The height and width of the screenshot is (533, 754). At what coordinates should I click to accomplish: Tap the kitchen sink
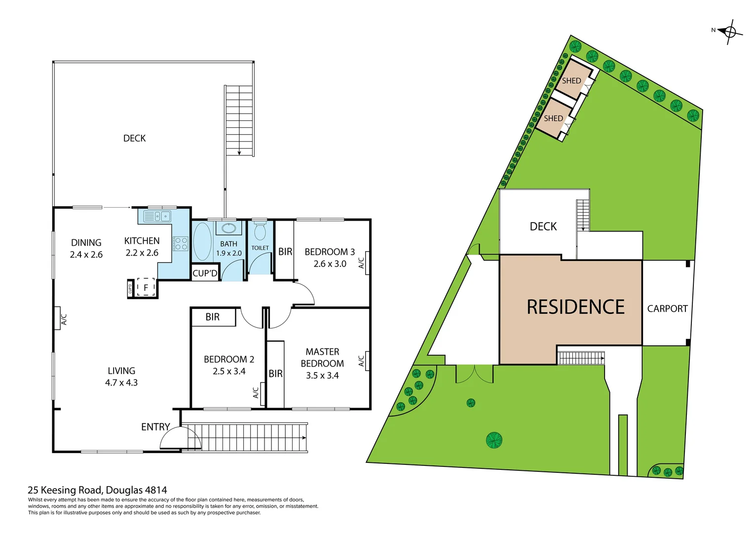point(156,216)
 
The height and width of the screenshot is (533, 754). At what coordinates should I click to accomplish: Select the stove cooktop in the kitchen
point(181,244)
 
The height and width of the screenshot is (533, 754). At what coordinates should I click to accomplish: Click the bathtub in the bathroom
point(202,241)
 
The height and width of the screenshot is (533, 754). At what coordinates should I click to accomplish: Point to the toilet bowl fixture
point(260,231)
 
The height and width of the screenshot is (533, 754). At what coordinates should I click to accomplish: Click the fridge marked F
point(146,287)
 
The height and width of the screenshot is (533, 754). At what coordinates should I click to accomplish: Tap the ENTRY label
point(155,427)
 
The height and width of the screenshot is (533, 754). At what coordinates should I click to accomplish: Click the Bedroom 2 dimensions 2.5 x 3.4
point(229,372)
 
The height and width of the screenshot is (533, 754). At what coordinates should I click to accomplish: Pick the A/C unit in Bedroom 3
point(367,263)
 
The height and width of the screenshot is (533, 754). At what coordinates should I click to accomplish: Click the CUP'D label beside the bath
point(205,273)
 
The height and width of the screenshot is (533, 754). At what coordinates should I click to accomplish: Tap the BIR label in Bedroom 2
point(213,317)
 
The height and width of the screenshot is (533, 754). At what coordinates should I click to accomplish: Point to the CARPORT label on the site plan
point(667,309)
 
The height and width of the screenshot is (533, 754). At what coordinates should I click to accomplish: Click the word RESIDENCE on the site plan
point(575,307)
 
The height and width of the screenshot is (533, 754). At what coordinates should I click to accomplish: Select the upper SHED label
point(571,81)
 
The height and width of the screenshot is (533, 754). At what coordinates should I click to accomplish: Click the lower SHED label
point(553,118)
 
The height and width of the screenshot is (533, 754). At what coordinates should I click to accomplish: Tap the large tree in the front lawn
point(494,440)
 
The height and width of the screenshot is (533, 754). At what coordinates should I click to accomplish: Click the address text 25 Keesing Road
point(97,490)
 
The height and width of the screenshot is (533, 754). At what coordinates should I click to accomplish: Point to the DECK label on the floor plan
point(134,139)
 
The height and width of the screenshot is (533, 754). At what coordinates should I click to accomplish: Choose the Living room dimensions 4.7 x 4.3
point(121,383)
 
